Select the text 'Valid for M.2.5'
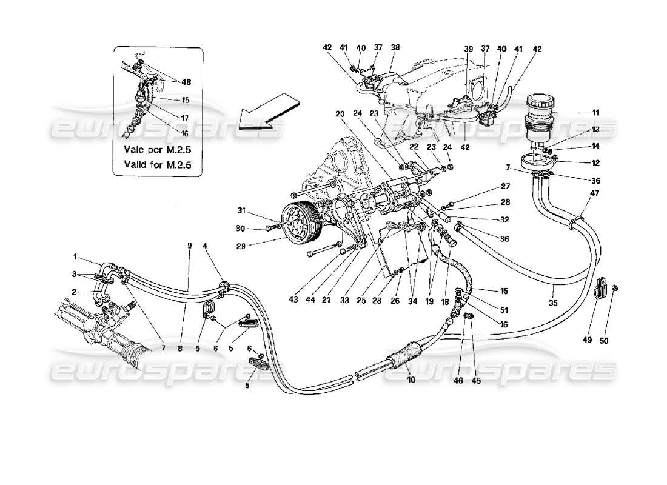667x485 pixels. click(x=158, y=163)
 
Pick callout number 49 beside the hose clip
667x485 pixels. click(x=586, y=340)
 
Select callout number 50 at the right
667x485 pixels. click(x=603, y=340)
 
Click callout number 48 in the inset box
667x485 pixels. click(x=186, y=83)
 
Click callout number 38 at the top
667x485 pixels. click(x=395, y=48)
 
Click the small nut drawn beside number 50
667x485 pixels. click(x=615, y=287)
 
